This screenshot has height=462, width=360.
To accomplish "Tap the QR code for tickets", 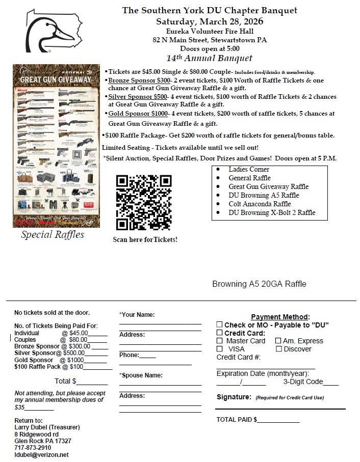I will (x=144, y=202).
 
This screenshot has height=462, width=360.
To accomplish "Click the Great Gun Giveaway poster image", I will (x=56, y=146).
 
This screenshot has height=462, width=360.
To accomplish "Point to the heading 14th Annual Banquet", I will (x=209, y=58).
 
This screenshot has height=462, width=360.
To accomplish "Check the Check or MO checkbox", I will (x=219, y=324).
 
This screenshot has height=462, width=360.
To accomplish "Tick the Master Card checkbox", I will (x=219, y=341).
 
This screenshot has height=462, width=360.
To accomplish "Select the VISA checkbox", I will (x=219, y=349).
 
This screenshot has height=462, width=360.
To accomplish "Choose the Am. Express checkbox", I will (x=278, y=341).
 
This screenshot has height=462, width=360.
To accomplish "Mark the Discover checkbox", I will (x=278, y=349).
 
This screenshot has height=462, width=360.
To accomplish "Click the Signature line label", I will (x=234, y=397).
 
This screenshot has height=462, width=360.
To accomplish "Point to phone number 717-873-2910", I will (x=33, y=448).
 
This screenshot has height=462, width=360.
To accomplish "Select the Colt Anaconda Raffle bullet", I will (x=260, y=204).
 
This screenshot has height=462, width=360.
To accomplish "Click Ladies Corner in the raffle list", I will (x=249, y=169).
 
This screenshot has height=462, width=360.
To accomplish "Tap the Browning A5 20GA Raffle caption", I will (x=259, y=284).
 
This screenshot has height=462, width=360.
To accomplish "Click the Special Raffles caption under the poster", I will (x=53, y=235).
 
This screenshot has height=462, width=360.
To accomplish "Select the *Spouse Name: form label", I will (x=141, y=375).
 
